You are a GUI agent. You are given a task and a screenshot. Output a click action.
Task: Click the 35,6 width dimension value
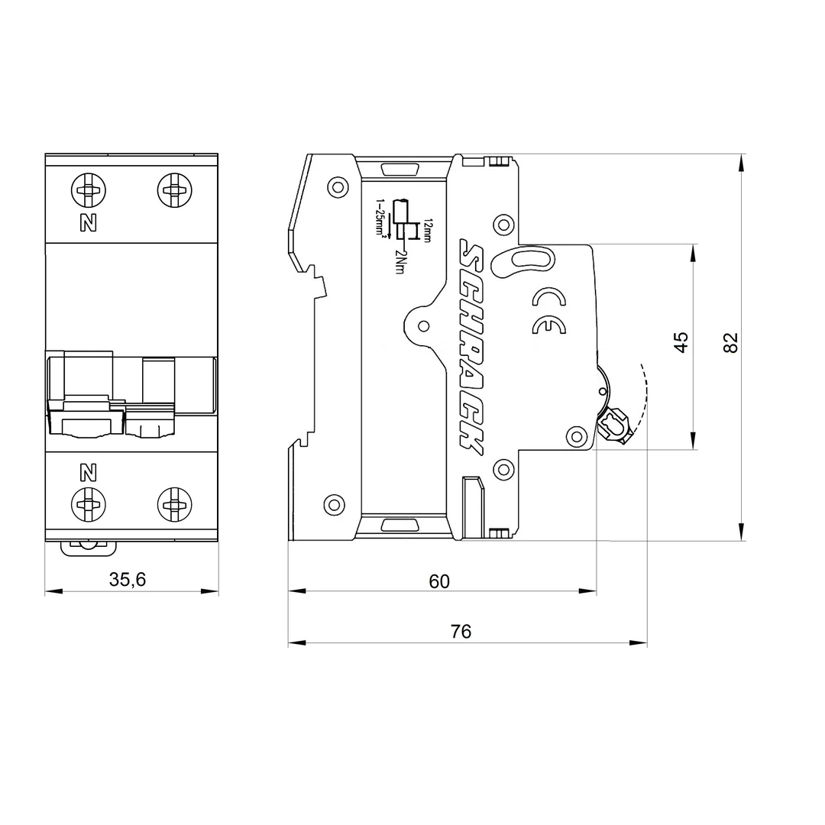(128, 580)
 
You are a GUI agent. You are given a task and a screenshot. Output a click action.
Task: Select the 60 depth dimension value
(439, 581)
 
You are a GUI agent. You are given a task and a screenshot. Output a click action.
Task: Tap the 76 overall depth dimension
(461, 632)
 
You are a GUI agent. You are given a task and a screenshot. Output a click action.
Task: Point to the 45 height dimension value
(681, 341)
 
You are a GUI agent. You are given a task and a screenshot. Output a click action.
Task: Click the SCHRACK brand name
(471, 348)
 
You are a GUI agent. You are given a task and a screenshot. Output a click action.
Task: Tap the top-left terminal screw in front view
(89, 189)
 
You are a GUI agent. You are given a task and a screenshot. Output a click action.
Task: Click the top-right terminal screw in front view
(174, 189)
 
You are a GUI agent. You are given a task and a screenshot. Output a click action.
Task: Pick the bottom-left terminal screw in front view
(89, 504)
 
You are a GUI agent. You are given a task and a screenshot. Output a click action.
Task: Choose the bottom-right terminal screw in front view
(174, 504)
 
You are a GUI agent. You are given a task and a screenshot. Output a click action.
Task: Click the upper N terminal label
(89, 223)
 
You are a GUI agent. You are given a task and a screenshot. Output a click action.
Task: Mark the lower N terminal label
(89, 472)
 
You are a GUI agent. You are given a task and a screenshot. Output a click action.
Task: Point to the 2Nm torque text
(400, 261)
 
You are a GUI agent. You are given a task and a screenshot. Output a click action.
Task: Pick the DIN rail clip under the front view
(89, 548)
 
